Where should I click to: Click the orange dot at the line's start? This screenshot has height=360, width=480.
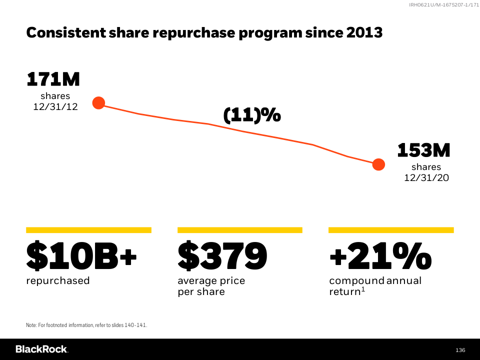click(98, 103)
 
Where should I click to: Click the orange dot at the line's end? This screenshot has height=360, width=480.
click(378, 164)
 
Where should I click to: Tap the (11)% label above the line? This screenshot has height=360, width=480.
click(252, 115)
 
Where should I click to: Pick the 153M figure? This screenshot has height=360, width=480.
click(423, 150)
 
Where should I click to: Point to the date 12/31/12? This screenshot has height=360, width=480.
click(55, 106)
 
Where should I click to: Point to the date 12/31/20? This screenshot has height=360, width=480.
click(426, 177)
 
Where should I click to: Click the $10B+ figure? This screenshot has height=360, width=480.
click(81, 255)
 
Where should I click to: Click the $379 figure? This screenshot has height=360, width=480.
click(222, 255)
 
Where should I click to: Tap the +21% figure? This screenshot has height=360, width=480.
click(380, 255)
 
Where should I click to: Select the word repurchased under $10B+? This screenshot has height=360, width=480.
click(58, 280)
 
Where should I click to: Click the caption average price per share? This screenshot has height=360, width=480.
click(211, 286)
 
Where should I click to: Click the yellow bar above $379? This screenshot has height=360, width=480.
click(240, 230)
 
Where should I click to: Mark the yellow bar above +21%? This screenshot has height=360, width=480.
click(391, 230)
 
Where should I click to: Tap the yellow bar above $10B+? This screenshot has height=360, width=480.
click(88, 230)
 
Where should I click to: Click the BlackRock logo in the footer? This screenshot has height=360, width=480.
click(41, 349)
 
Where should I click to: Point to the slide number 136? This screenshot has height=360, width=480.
click(460, 349)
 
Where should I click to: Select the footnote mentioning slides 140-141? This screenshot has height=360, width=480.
click(86, 325)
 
